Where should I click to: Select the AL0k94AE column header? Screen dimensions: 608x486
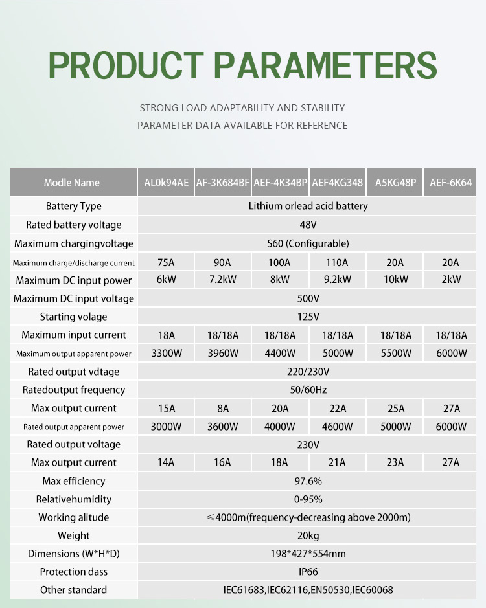click(166, 183)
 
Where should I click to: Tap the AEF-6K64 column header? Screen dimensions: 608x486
click(450, 183)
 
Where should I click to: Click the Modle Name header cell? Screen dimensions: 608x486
click(72, 183)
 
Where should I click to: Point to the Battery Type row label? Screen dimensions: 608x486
click(74, 206)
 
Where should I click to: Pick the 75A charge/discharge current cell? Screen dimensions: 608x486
click(166, 262)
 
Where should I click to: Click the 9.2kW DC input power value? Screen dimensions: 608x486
click(336, 280)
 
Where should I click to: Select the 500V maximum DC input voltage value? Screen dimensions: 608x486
click(308, 298)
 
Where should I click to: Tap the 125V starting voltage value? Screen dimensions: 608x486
click(308, 317)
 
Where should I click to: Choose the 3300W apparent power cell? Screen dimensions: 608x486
click(166, 354)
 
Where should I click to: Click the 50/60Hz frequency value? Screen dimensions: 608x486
click(308, 390)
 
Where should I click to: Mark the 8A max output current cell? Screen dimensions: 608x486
click(222, 408)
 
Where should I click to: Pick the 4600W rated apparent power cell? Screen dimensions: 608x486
click(336, 427)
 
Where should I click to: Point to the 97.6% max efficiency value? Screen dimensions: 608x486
click(308, 481)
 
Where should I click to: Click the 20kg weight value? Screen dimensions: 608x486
click(308, 535)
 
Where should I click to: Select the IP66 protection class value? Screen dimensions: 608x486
click(308, 572)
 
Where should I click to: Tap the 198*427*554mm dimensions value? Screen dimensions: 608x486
click(308, 554)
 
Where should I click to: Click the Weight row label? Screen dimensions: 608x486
click(74, 535)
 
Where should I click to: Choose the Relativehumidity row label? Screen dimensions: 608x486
click(74, 499)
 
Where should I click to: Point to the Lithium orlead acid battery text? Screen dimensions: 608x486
click(308, 206)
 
